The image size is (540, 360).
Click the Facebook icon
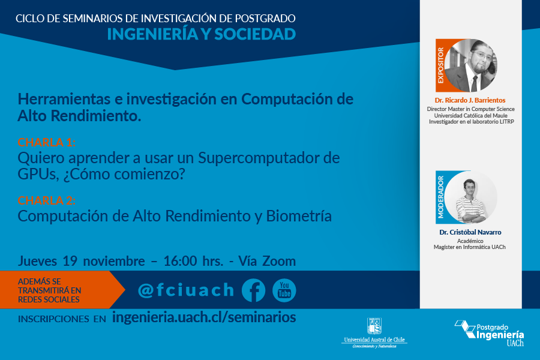tap(253, 290)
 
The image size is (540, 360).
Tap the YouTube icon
tap(284, 290)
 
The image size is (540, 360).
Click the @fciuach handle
tap(186, 290)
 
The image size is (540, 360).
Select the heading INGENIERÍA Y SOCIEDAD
tap(202, 34)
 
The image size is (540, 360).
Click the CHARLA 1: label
tap(46, 142)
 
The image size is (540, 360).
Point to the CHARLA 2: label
tap(46, 200)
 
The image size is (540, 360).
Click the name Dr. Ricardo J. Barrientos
tap(470, 100)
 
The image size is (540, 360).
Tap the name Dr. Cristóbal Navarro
tap(470, 232)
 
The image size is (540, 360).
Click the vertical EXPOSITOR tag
tap(440, 65)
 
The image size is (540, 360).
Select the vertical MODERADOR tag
tap(440, 197)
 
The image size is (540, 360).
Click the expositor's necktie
tap(474, 83)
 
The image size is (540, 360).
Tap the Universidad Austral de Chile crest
tap(374, 326)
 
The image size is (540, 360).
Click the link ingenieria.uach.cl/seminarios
tap(204, 317)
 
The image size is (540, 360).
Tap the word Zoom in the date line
tap(279, 261)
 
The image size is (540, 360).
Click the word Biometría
tap(299, 216)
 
